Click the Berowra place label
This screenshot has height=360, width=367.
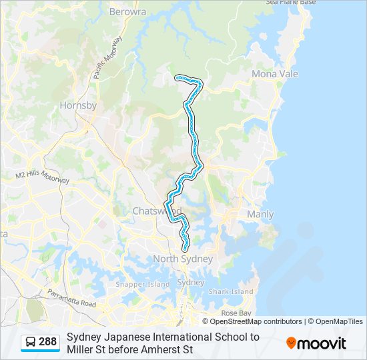click(127, 12)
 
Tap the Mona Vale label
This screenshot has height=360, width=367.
click(274, 74)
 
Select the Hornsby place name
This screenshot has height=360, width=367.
click(78, 105)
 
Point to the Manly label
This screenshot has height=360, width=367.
click(260, 214)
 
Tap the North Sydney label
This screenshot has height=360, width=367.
click(183, 259)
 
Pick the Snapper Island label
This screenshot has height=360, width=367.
click(143, 284)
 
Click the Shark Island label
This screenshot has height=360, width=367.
click(231, 291)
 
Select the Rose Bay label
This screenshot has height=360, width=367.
click(236, 313)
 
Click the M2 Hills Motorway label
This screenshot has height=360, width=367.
click(43, 177)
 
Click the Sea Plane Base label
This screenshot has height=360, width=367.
click(290, 3)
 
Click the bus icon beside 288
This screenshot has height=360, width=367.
click(30, 343)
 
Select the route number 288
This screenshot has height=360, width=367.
click(47, 343)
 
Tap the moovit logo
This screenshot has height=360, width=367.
click(316, 343)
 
